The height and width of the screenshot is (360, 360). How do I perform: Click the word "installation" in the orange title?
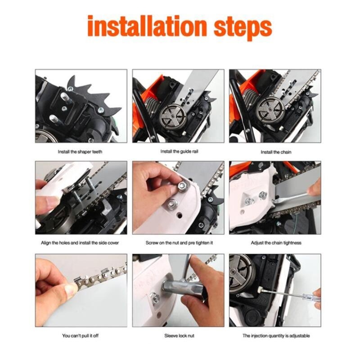147,26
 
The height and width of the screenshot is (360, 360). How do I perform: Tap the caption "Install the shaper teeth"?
80,152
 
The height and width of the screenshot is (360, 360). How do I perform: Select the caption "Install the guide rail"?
179,152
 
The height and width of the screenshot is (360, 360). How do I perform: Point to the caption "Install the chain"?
276,152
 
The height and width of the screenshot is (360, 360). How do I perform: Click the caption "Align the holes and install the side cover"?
80,243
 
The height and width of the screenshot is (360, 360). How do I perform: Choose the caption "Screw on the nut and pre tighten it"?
179,243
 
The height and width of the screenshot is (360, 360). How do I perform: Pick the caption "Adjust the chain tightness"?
276,243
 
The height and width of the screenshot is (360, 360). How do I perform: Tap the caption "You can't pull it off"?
80,336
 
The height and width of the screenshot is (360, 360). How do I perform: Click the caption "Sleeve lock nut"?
179,336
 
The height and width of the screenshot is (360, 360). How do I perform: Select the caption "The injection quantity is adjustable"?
276,336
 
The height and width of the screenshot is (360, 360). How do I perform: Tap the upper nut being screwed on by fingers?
183,186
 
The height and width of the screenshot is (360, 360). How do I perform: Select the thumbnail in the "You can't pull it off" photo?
71,290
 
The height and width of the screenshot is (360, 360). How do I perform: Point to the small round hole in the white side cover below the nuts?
179,216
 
